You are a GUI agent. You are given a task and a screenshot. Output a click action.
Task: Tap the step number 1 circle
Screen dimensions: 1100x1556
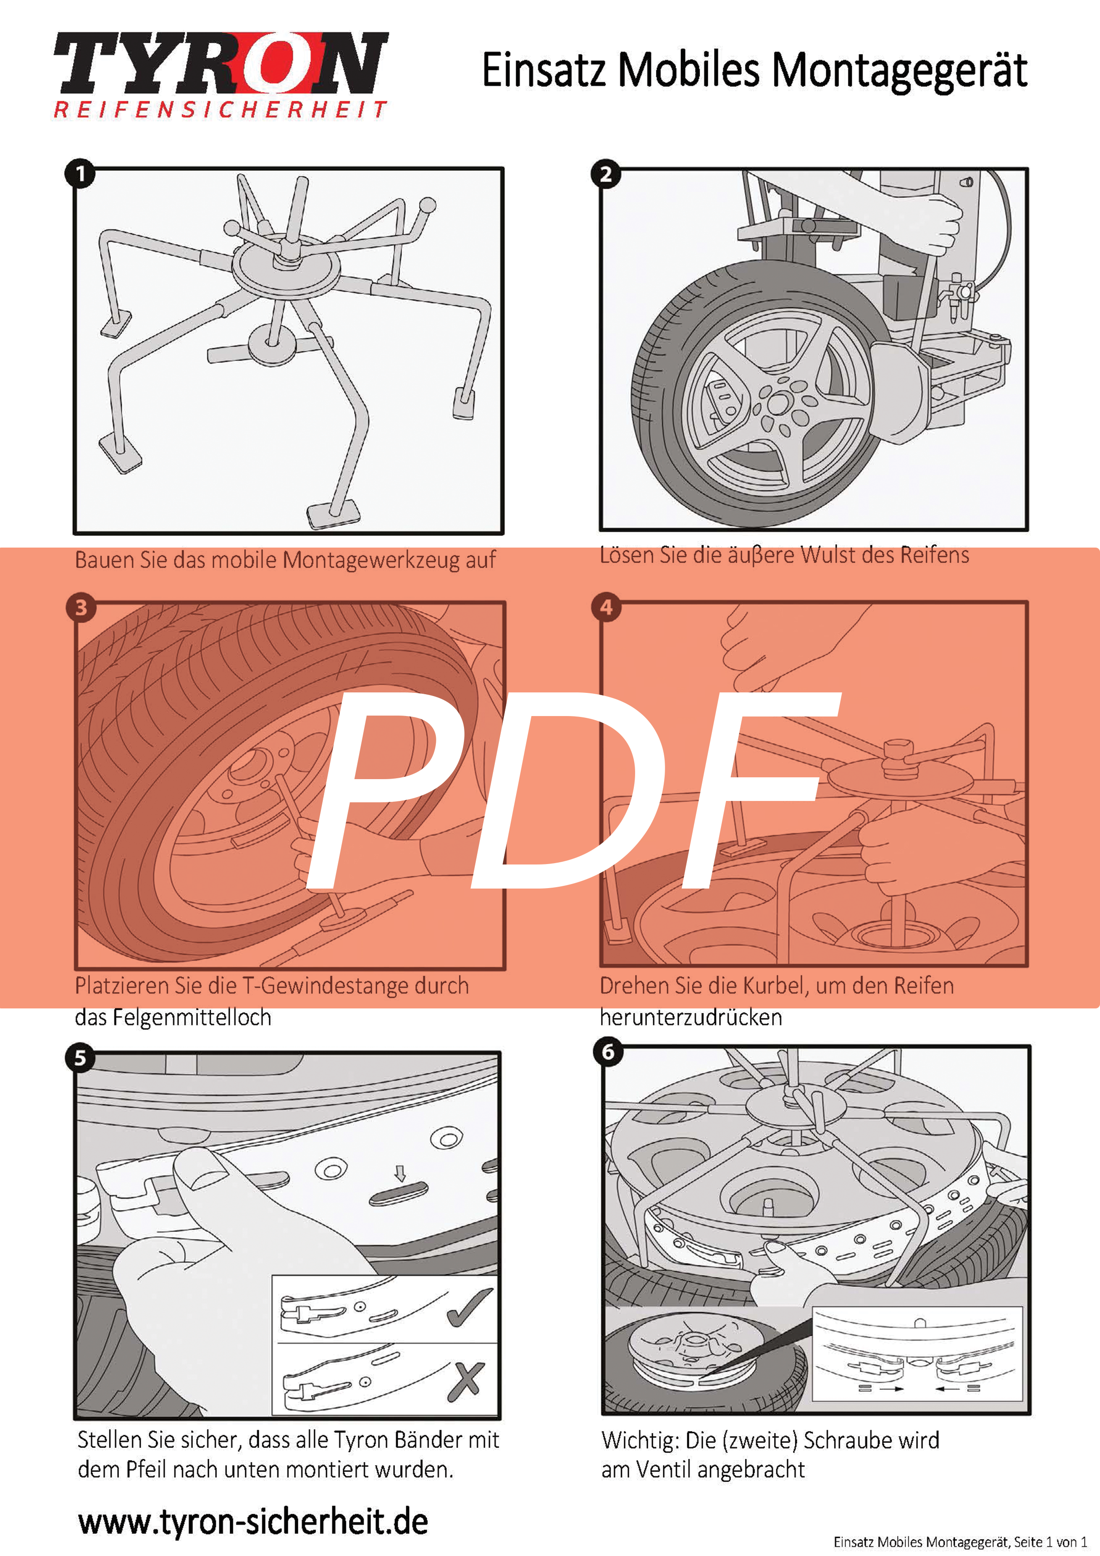tap(80, 174)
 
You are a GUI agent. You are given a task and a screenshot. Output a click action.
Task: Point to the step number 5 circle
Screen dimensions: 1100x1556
tap(80, 1058)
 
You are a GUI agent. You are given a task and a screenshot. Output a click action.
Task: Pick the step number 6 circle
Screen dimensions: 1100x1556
tap(608, 1052)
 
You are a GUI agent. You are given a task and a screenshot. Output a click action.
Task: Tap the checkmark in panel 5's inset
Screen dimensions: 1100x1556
tap(469, 1307)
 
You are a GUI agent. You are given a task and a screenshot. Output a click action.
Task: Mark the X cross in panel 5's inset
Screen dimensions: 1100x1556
tap(466, 1382)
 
